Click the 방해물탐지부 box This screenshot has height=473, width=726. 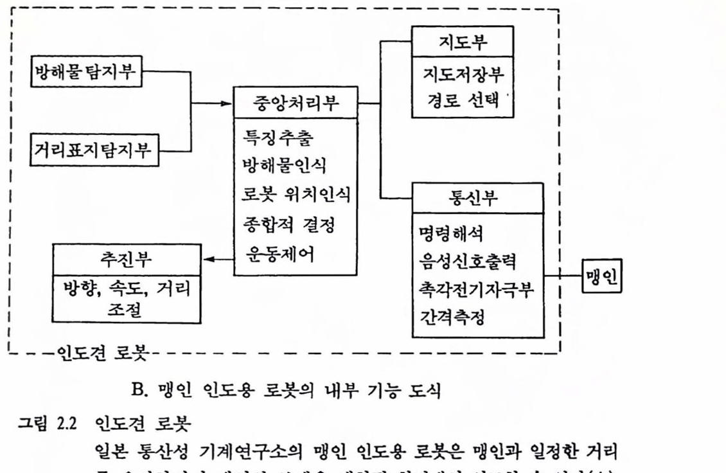[x=86, y=72]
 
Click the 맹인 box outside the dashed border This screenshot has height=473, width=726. [x=602, y=275]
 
